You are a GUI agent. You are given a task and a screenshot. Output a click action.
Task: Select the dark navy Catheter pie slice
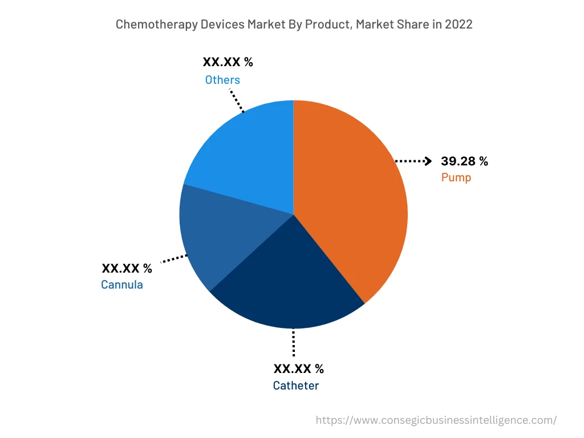pyautogui.click(x=285, y=285)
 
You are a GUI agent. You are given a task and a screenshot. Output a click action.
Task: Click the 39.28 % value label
pyautogui.click(x=464, y=161)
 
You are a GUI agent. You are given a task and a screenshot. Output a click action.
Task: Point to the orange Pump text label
pyautogui.click(x=456, y=177)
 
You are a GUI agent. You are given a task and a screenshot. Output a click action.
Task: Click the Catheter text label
pyautogui.click(x=295, y=386)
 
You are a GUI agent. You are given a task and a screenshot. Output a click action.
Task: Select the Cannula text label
pyautogui.click(x=121, y=284)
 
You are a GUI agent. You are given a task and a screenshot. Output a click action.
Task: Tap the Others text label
pyautogui.click(x=222, y=80)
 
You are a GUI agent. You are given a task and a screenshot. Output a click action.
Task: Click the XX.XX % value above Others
pyautogui.click(x=228, y=63)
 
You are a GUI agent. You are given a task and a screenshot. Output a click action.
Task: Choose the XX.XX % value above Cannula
pyautogui.click(x=127, y=268)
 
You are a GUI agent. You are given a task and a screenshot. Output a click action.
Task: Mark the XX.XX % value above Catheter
pyautogui.click(x=298, y=368)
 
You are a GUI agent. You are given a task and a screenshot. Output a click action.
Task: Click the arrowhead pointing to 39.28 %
pyautogui.click(x=428, y=161)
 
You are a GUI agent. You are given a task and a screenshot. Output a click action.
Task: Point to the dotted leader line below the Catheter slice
pyautogui.click(x=293, y=343)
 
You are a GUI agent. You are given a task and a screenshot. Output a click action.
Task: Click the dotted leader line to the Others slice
pyautogui.click(x=237, y=100)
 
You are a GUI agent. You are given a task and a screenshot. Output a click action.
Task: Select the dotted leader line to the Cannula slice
pyautogui.click(x=174, y=259)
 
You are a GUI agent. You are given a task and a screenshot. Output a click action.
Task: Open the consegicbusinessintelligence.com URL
pyautogui.click(x=436, y=420)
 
